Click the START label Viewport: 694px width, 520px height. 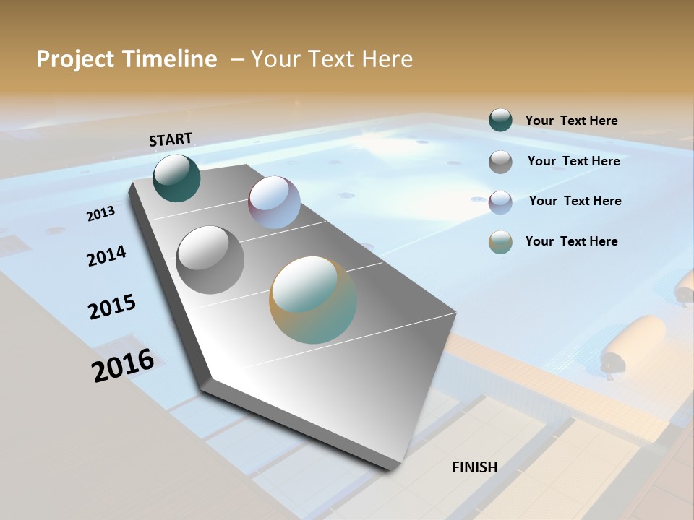171,139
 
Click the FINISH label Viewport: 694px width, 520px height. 474,467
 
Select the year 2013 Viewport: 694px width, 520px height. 100,214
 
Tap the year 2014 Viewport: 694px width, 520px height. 106,256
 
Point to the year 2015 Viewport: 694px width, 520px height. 112,307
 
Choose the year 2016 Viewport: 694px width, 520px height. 123,365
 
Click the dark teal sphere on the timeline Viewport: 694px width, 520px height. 176,178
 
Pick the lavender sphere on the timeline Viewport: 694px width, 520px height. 274,202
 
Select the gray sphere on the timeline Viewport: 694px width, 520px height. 210,259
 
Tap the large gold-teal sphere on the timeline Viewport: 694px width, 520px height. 313,300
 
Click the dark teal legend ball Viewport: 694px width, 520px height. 500,120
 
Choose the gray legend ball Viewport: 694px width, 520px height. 500,162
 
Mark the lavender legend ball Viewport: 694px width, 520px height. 500,202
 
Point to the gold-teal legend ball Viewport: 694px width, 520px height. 500,242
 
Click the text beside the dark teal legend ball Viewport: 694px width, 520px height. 571,121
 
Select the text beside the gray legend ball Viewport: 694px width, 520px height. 573,161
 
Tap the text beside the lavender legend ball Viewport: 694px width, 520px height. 575,201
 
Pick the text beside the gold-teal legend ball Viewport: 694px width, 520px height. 571,241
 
